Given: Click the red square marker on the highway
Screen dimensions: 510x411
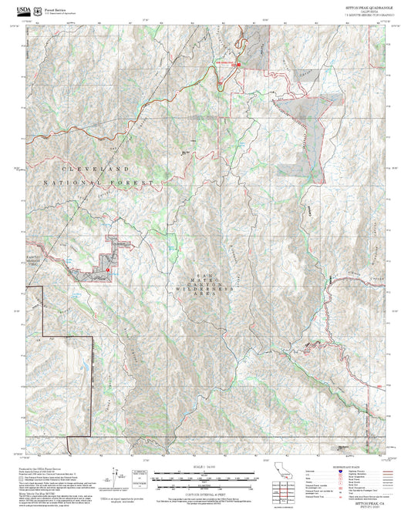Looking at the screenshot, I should [x=238, y=64].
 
